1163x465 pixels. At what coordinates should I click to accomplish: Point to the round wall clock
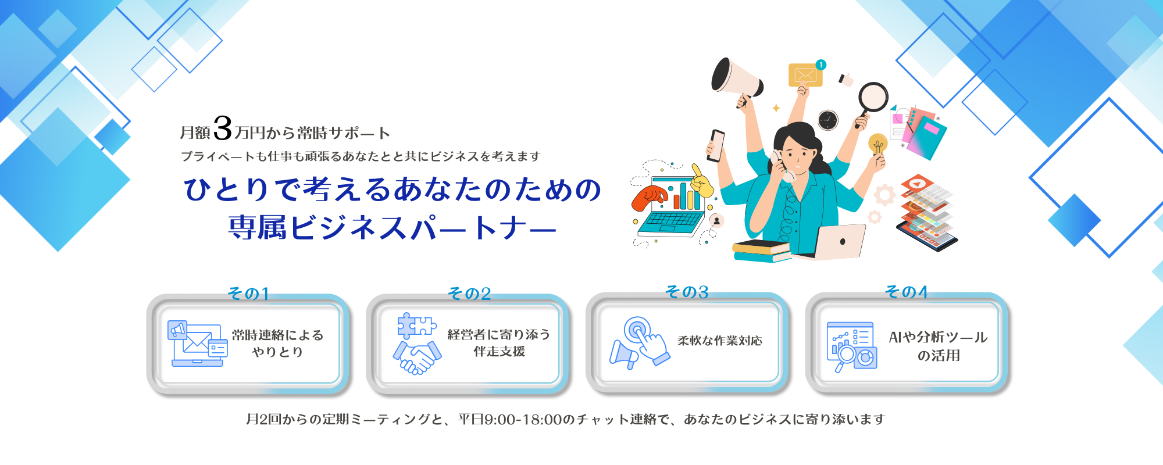point(827,120)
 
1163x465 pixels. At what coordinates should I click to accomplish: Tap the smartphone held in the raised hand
point(716,145)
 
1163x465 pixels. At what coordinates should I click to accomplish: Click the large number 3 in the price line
point(223,128)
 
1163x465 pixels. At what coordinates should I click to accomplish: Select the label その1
point(248,294)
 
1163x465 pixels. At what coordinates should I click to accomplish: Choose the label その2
point(469,294)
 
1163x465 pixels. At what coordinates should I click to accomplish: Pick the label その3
point(687,292)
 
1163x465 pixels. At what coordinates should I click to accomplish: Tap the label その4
point(907,292)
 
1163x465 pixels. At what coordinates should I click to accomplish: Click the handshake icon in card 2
point(417,357)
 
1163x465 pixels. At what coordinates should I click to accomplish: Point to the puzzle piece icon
point(416,326)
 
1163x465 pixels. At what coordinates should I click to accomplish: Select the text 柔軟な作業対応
point(720,341)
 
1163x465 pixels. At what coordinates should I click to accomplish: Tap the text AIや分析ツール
point(938,337)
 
